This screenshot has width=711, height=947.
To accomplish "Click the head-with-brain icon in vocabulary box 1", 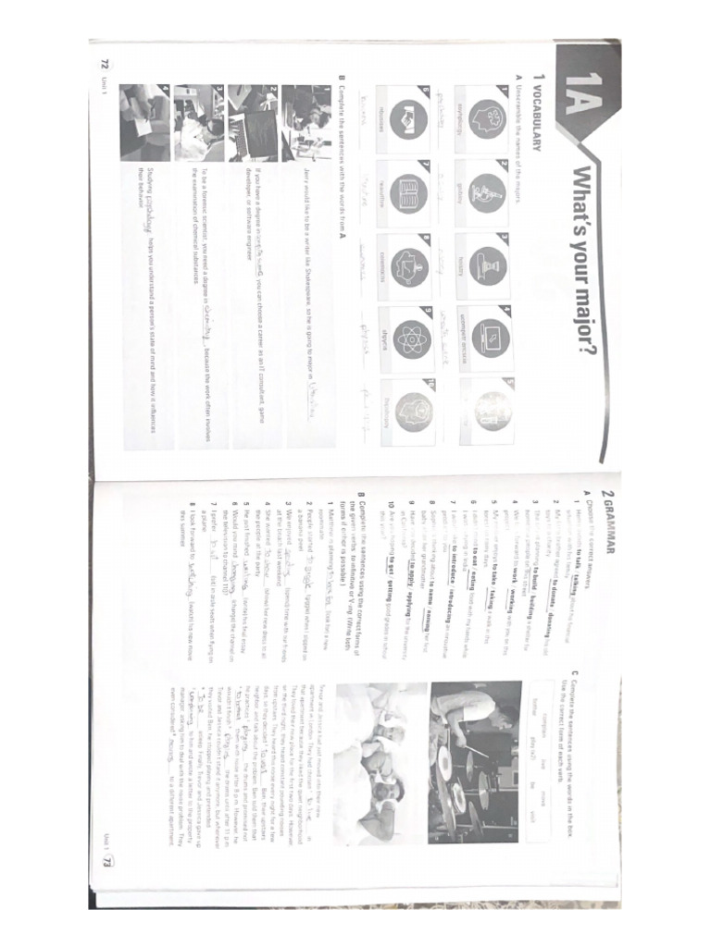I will (485, 126).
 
